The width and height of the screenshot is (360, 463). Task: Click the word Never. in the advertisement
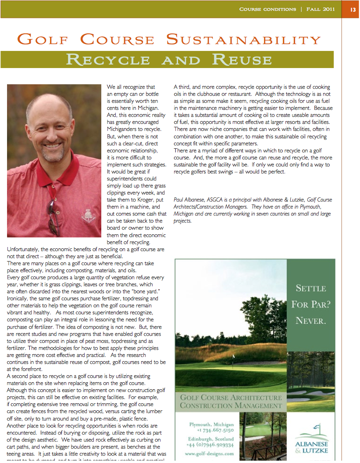click(x=310, y=321)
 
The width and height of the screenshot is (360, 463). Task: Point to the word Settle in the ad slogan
click(x=310, y=288)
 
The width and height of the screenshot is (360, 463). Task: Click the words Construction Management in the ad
click(x=231, y=405)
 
